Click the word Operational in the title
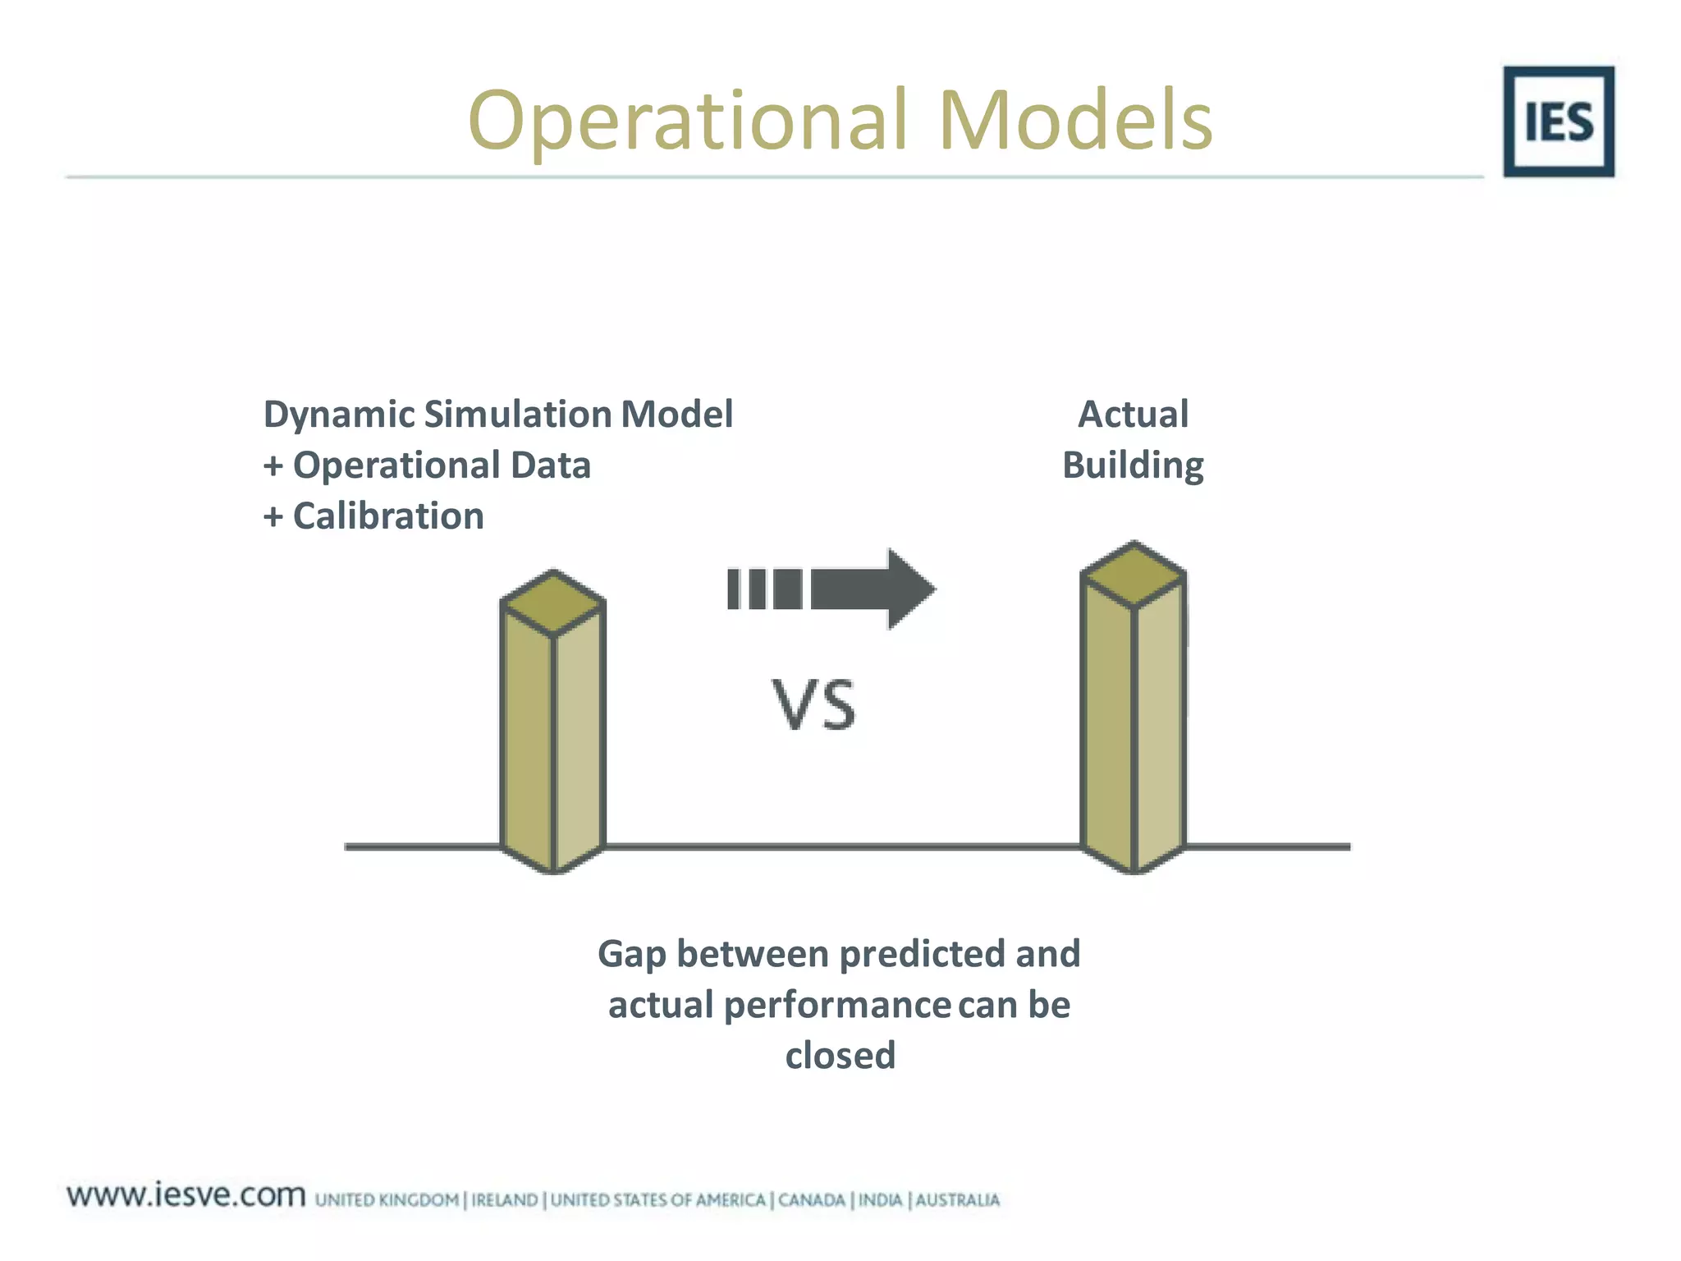point(688,122)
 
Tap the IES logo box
point(1558,122)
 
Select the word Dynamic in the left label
point(339,415)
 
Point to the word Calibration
point(388,516)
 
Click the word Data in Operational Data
point(550,465)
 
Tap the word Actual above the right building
point(1133,414)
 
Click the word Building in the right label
point(1133,465)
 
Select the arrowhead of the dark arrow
point(909,589)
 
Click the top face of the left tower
point(552,603)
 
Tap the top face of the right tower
point(1134,574)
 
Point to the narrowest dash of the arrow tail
point(734,589)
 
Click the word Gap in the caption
point(631,955)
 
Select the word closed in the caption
point(840,1056)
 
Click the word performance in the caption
point(837,1006)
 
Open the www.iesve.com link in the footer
point(186,1195)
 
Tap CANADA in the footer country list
point(811,1200)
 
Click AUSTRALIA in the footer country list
point(957,1200)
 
